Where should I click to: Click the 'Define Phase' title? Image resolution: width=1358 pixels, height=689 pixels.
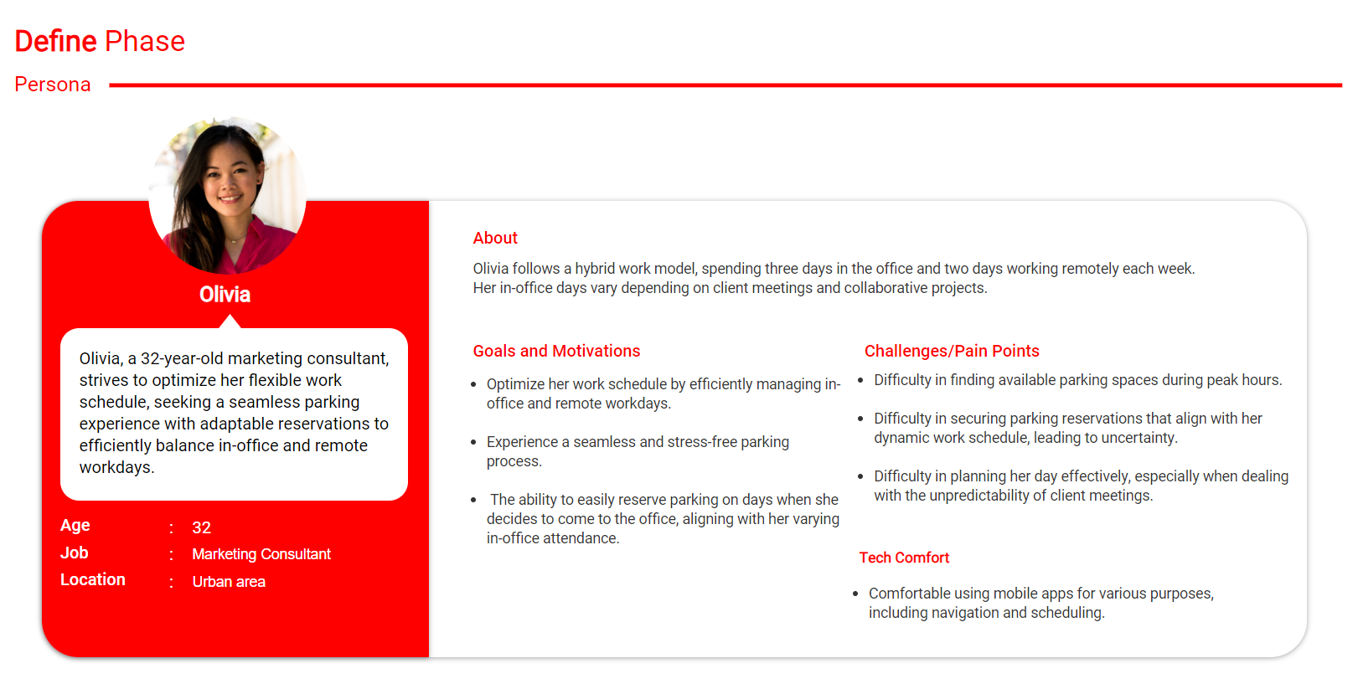100,41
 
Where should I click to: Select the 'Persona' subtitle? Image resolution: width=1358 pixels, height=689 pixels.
52,85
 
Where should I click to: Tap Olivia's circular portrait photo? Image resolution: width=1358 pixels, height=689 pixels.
227,195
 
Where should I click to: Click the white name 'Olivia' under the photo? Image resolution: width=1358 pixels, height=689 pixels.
225,295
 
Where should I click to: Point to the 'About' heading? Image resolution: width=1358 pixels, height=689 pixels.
495,238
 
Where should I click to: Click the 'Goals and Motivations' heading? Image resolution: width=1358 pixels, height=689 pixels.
556,351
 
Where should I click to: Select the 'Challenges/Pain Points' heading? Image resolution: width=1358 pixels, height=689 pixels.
952,351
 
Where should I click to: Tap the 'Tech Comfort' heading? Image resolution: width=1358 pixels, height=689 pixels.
904,558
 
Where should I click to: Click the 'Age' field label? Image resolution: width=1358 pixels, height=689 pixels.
75,526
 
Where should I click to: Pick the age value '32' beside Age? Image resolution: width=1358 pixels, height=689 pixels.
201,527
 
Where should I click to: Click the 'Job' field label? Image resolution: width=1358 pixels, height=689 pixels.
74,553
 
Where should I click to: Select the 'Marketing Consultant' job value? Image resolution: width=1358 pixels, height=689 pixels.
261,554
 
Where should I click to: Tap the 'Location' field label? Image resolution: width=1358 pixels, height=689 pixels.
92,579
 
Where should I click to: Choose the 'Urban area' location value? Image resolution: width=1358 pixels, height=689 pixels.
229,582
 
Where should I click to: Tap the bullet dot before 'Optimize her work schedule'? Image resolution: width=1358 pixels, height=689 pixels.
473,384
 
